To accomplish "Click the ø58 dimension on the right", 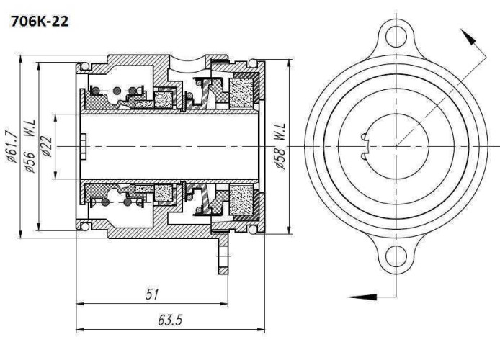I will tap(280, 159).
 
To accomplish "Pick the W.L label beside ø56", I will tap(31, 131).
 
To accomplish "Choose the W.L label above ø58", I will tap(280, 132).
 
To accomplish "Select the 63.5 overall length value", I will tap(170, 319).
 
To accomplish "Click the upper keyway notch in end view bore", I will tap(365, 135).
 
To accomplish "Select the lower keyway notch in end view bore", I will tap(365, 154).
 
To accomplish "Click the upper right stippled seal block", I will tap(241, 93).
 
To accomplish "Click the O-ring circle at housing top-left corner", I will tap(85, 66).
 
